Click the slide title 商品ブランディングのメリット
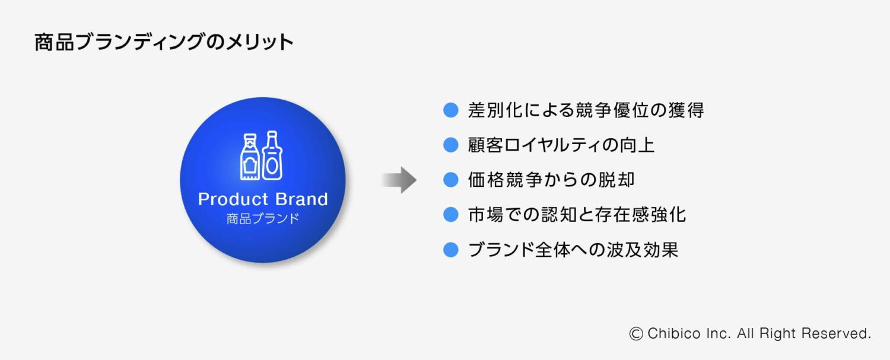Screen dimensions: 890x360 point(164,42)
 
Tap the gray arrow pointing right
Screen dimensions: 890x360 point(399,180)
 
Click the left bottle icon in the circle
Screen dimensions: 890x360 point(250,157)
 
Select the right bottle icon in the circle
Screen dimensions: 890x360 point(272,155)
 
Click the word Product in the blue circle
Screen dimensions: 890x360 point(233,199)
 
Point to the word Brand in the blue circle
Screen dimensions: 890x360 point(301,199)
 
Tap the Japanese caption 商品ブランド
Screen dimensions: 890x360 point(263,218)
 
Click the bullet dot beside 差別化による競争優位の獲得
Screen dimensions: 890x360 point(450,110)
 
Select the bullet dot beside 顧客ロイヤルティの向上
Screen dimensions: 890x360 point(450,145)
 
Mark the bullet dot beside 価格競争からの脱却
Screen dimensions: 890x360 point(450,180)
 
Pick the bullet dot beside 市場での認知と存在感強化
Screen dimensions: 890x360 point(450,215)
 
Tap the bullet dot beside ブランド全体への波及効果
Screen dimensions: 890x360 point(450,250)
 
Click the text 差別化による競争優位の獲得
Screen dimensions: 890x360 point(586,110)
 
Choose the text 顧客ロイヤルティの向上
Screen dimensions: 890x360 point(561,145)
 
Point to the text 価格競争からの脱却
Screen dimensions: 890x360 point(551,180)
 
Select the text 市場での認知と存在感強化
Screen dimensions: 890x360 point(577,215)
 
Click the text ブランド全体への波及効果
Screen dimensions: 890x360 point(573,250)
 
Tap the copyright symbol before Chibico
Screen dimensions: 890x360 point(636,334)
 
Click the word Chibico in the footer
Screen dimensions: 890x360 point(674,333)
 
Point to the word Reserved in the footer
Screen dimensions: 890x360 point(836,333)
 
